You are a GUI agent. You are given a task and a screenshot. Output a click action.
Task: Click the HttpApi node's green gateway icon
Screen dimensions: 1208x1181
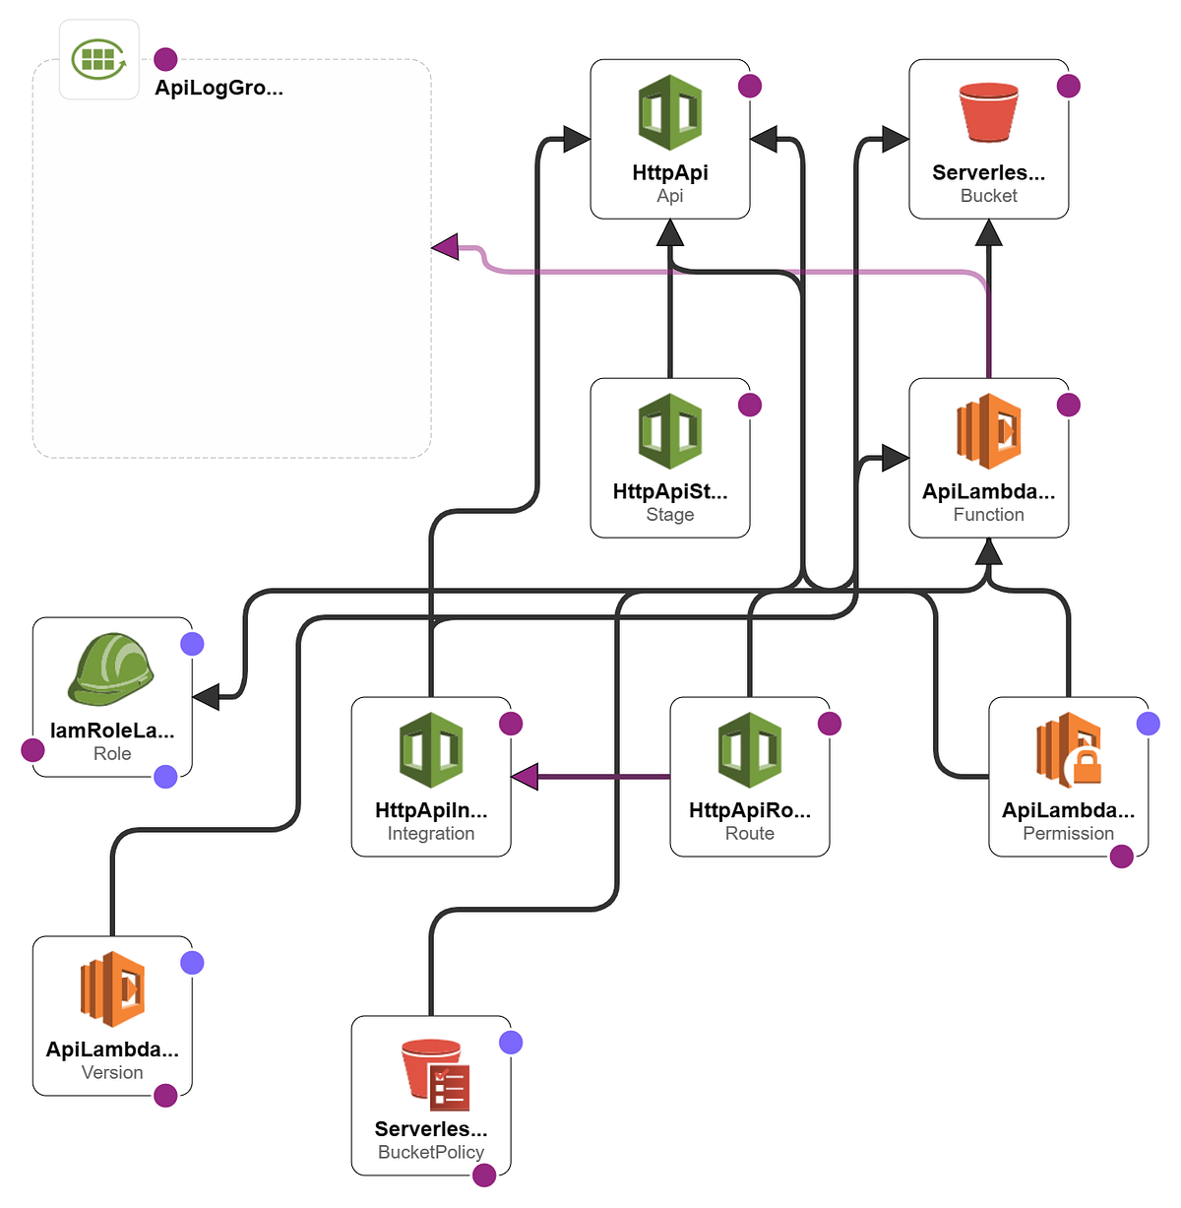click(x=670, y=112)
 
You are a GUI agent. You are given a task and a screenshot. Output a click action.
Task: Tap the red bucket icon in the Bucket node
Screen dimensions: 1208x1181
click(x=988, y=112)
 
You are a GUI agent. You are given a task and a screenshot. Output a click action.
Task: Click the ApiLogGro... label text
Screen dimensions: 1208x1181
click(x=218, y=88)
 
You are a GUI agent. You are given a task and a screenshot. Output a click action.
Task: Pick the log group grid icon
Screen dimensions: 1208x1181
click(x=98, y=59)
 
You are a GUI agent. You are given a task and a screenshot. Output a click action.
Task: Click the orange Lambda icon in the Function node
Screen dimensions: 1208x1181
click(x=988, y=431)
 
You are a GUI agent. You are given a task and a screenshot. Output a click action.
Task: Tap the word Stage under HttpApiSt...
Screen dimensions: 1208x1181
click(x=670, y=515)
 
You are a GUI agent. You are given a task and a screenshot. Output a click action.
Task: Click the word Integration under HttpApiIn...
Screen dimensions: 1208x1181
click(x=431, y=834)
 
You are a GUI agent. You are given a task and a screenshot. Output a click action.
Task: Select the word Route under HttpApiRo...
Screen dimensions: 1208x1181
click(x=750, y=834)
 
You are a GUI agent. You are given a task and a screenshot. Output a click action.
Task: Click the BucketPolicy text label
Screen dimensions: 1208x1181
click(x=431, y=1152)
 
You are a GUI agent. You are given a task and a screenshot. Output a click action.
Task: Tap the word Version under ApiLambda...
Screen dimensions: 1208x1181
click(x=112, y=1072)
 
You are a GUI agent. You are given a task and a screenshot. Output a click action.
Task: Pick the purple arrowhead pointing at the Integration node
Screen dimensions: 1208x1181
click(x=525, y=777)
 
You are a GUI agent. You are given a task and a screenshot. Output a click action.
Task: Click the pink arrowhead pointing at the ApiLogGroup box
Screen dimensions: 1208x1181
click(x=446, y=247)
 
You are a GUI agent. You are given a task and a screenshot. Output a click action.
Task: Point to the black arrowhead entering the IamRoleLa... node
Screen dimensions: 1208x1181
click(x=206, y=697)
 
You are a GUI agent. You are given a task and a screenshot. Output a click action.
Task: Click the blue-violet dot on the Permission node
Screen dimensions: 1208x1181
click(x=1148, y=724)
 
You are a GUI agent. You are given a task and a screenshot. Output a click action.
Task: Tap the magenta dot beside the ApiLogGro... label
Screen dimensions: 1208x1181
click(x=165, y=59)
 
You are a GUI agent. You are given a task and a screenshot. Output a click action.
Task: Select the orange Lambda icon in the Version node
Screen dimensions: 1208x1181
click(x=112, y=988)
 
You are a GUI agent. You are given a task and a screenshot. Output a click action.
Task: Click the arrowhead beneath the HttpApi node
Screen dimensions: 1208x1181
click(x=670, y=233)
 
